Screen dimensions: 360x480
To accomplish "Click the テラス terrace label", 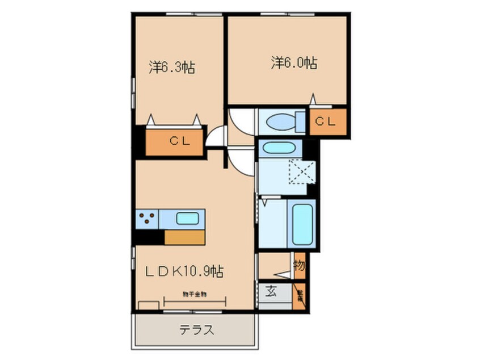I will tap(197, 330).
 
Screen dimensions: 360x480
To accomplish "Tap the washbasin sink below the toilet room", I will tap(276, 148).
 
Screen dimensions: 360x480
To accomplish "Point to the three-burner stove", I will tap(147, 218).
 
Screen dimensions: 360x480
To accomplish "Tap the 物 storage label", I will tap(298, 265).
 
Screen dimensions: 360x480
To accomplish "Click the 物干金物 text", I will tap(194, 294).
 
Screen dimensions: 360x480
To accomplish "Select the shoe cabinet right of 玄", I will tap(299, 295).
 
